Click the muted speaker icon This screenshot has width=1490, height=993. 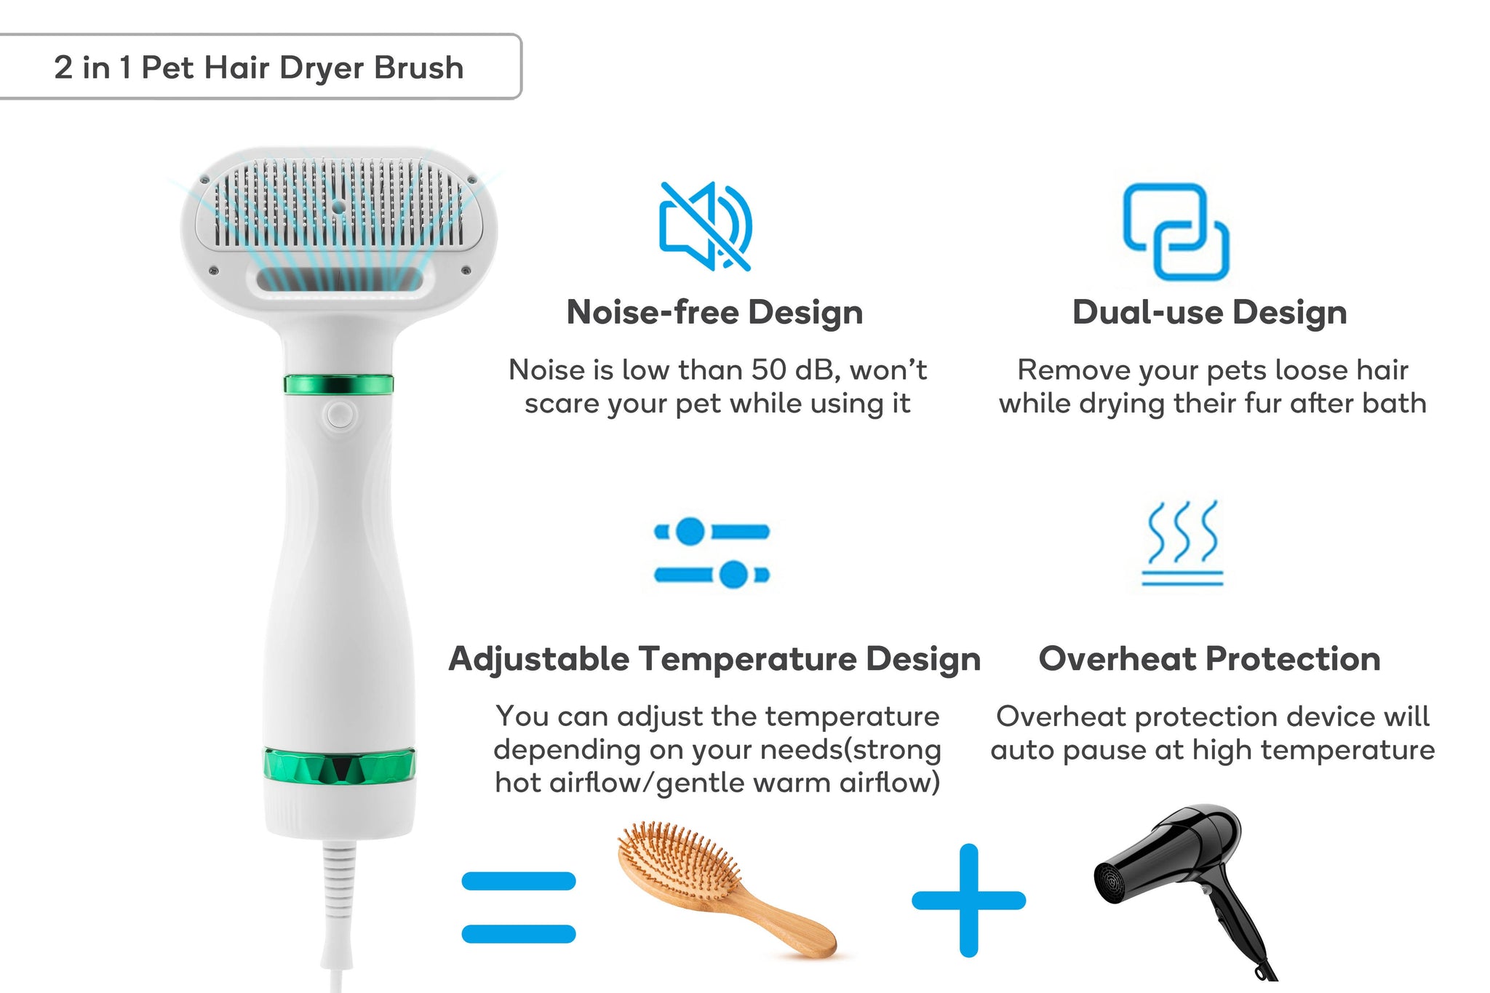[705, 226]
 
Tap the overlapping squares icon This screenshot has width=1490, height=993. [1176, 231]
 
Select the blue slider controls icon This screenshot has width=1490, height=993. [712, 553]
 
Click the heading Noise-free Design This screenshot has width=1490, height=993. [714, 312]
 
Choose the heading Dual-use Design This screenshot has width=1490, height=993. [1209, 312]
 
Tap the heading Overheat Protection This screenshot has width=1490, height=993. [1209, 659]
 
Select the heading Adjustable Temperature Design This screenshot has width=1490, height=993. [714, 659]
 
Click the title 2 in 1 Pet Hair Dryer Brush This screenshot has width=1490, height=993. [259, 68]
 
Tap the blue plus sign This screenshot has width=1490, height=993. [968, 901]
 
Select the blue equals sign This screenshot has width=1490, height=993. [519, 907]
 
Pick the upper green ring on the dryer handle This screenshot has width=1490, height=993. [338, 384]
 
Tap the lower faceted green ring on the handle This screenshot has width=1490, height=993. [339, 766]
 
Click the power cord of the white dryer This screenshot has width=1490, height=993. [338, 913]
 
